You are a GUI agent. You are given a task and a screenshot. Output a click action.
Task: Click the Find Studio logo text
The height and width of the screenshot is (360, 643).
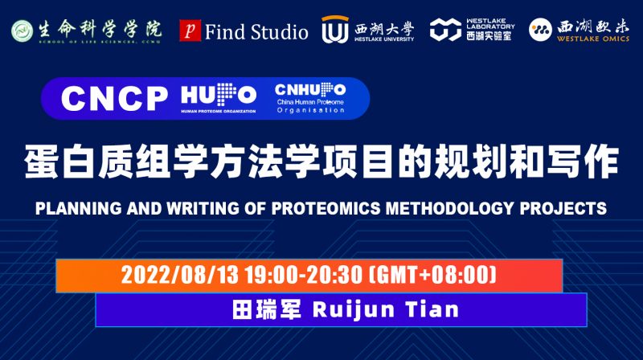point(256,32)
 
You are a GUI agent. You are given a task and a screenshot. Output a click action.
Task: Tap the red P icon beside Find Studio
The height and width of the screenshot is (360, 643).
point(190,31)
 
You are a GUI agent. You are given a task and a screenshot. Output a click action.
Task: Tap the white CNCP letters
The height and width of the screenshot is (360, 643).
point(113,98)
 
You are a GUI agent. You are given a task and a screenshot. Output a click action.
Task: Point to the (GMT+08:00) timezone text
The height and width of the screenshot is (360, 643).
point(429,275)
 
